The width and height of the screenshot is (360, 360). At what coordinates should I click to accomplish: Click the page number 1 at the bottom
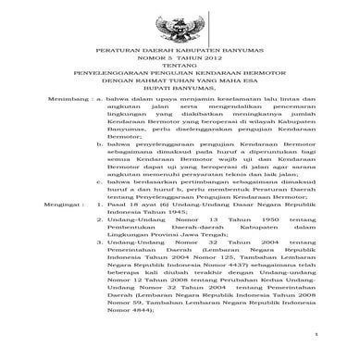pyautogui.click(x=316, y=350)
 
